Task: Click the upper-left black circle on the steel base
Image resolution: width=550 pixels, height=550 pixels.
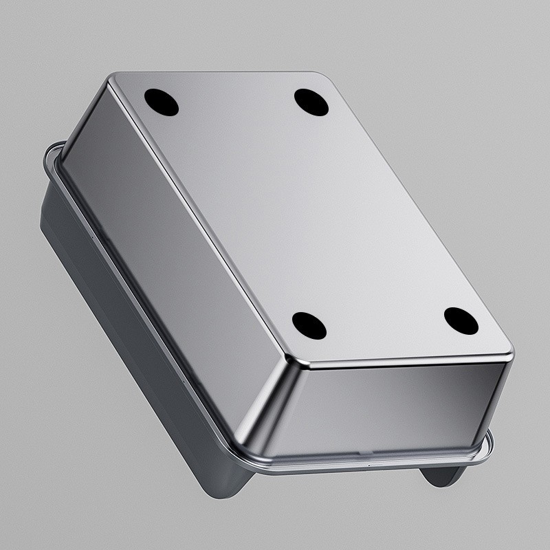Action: (x=162, y=103)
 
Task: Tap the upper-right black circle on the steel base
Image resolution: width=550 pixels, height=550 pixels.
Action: (x=313, y=101)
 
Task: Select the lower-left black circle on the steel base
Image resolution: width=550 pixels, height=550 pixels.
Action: (x=309, y=324)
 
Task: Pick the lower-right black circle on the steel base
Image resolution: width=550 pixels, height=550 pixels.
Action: (x=461, y=320)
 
